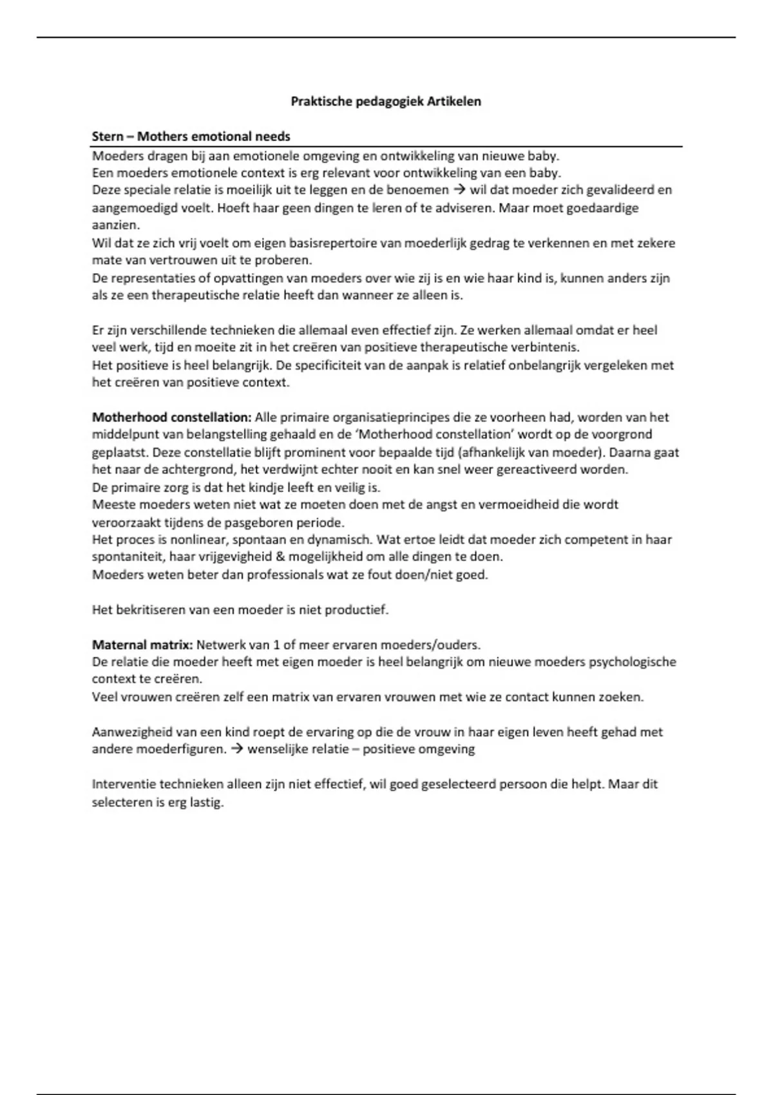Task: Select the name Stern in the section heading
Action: coord(108,137)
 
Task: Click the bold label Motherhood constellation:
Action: coord(171,417)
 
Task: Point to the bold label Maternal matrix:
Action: coord(142,645)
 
